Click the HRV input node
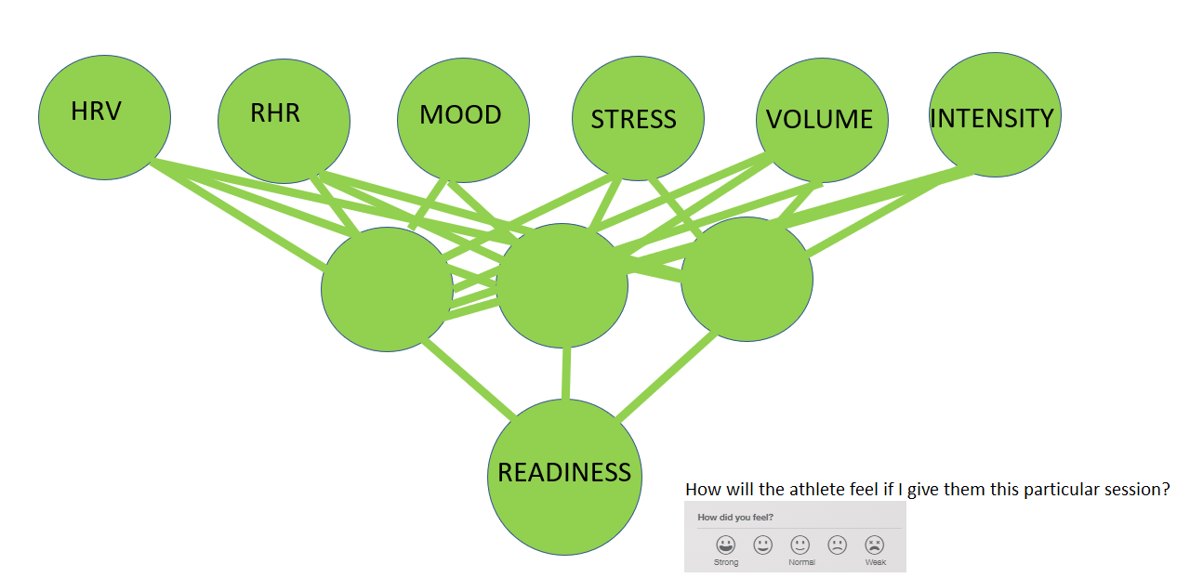pos(105,117)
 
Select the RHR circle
pos(284,121)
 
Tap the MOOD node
pos(463,120)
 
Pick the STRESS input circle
pos(638,118)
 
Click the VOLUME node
pos(822,120)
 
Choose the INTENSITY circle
pos(995,114)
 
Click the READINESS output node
pos(564,477)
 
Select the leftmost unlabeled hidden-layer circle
pos(388,290)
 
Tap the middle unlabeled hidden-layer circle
pos(562,286)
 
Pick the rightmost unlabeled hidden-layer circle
pos(747,279)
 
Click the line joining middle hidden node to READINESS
pos(566,374)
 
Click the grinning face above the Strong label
pos(726,545)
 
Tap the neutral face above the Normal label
pos(800,545)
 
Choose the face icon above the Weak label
pos(875,545)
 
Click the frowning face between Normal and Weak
pos(838,545)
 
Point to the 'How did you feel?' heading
pos(735,518)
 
